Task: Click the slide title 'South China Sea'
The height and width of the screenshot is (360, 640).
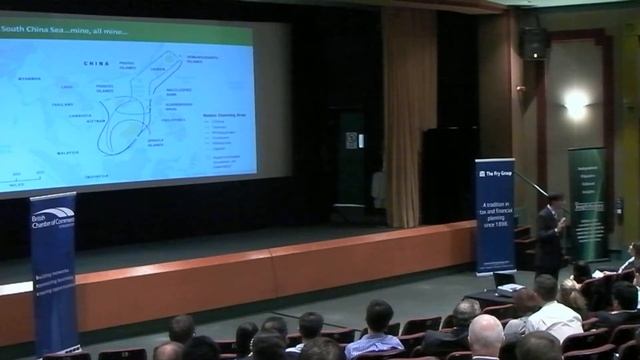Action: (x=50, y=30)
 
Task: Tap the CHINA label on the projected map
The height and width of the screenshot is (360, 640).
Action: (x=98, y=62)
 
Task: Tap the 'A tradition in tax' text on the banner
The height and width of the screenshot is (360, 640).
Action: (x=494, y=217)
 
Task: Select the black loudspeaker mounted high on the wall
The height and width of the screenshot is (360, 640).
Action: (x=533, y=42)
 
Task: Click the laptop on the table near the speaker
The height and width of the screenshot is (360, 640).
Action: (x=503, y=281)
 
